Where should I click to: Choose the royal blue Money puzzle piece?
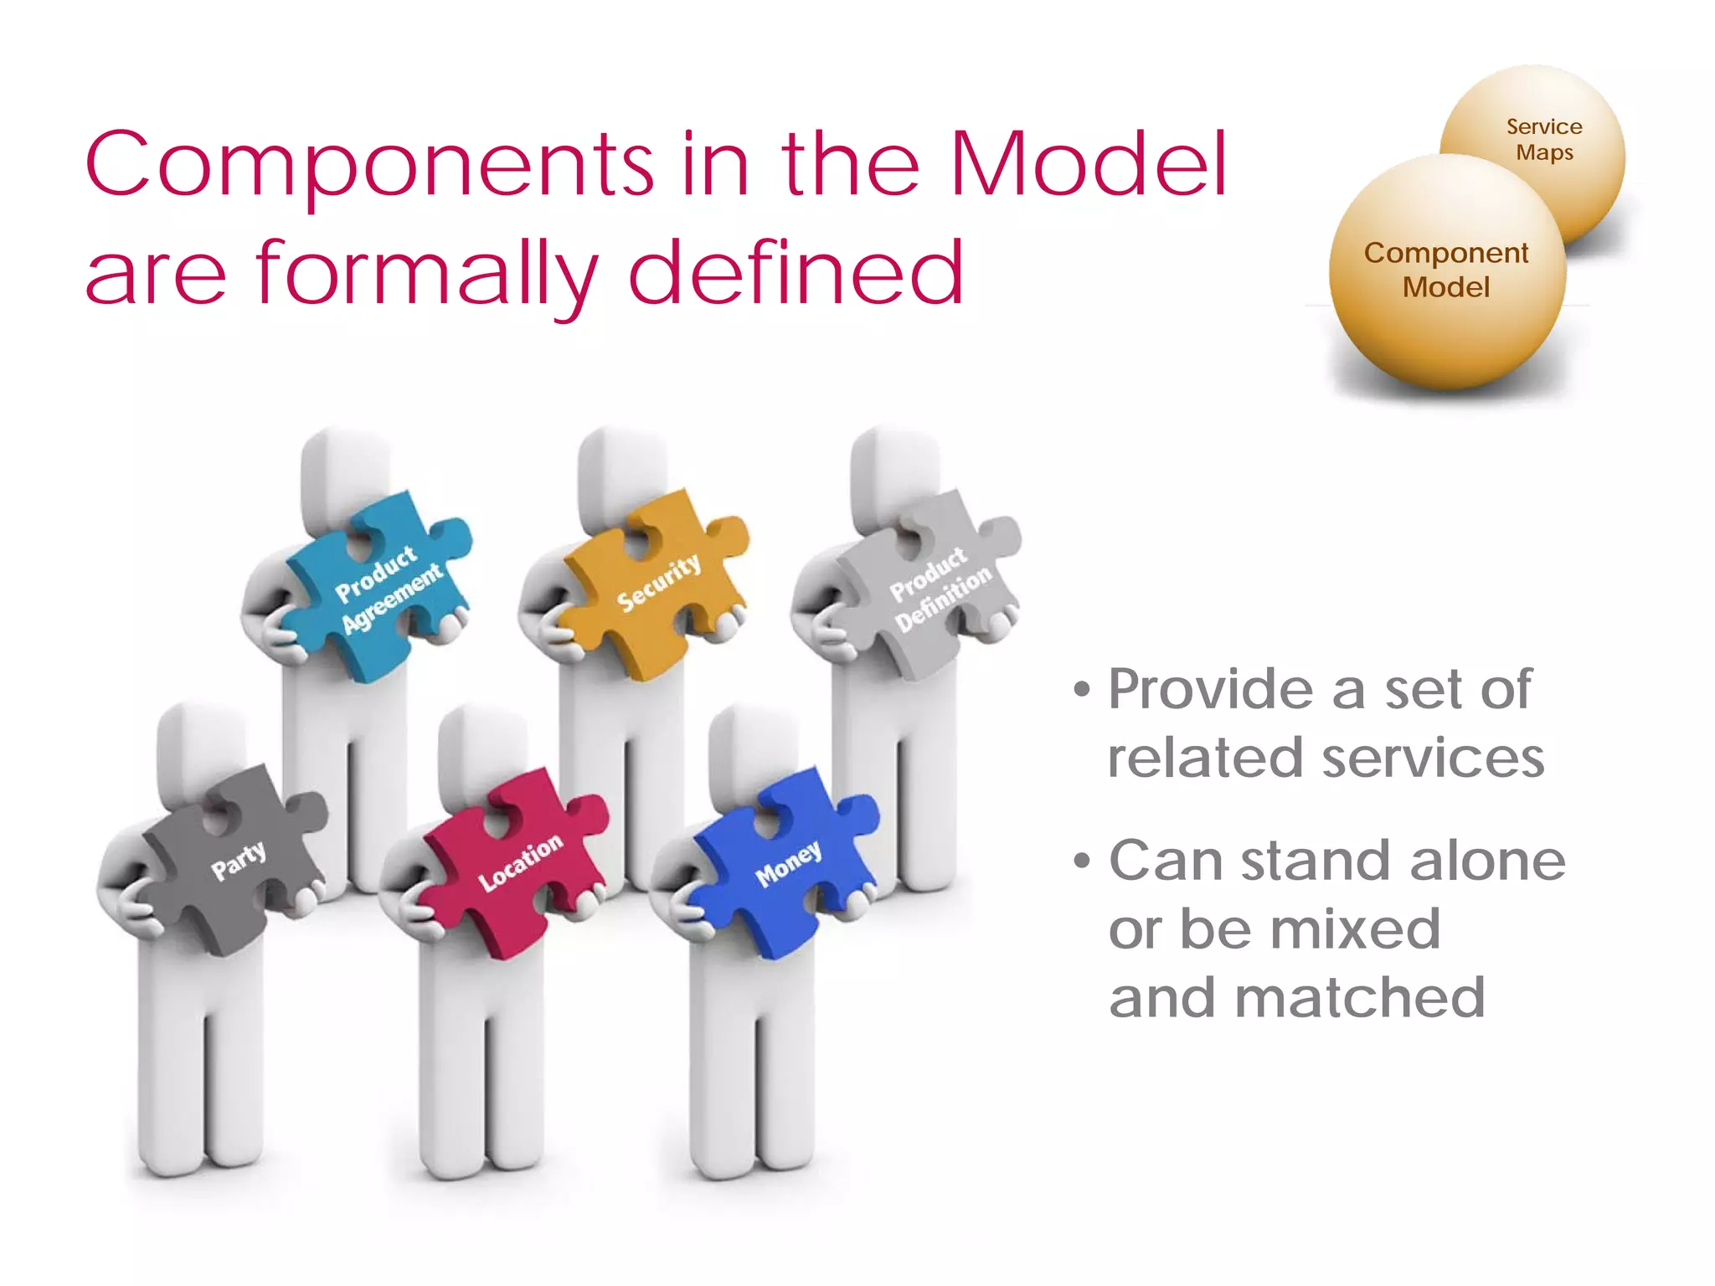point(787,862)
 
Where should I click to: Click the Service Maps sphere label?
point(1544,140)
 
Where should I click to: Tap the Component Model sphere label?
point(1446,270)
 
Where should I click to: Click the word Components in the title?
point(368,165)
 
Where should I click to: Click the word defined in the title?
point(796,272)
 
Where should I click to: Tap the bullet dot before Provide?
point(1083,691)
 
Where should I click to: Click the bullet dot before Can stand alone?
point(1083,861)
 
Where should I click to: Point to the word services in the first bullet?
point(1433,759)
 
